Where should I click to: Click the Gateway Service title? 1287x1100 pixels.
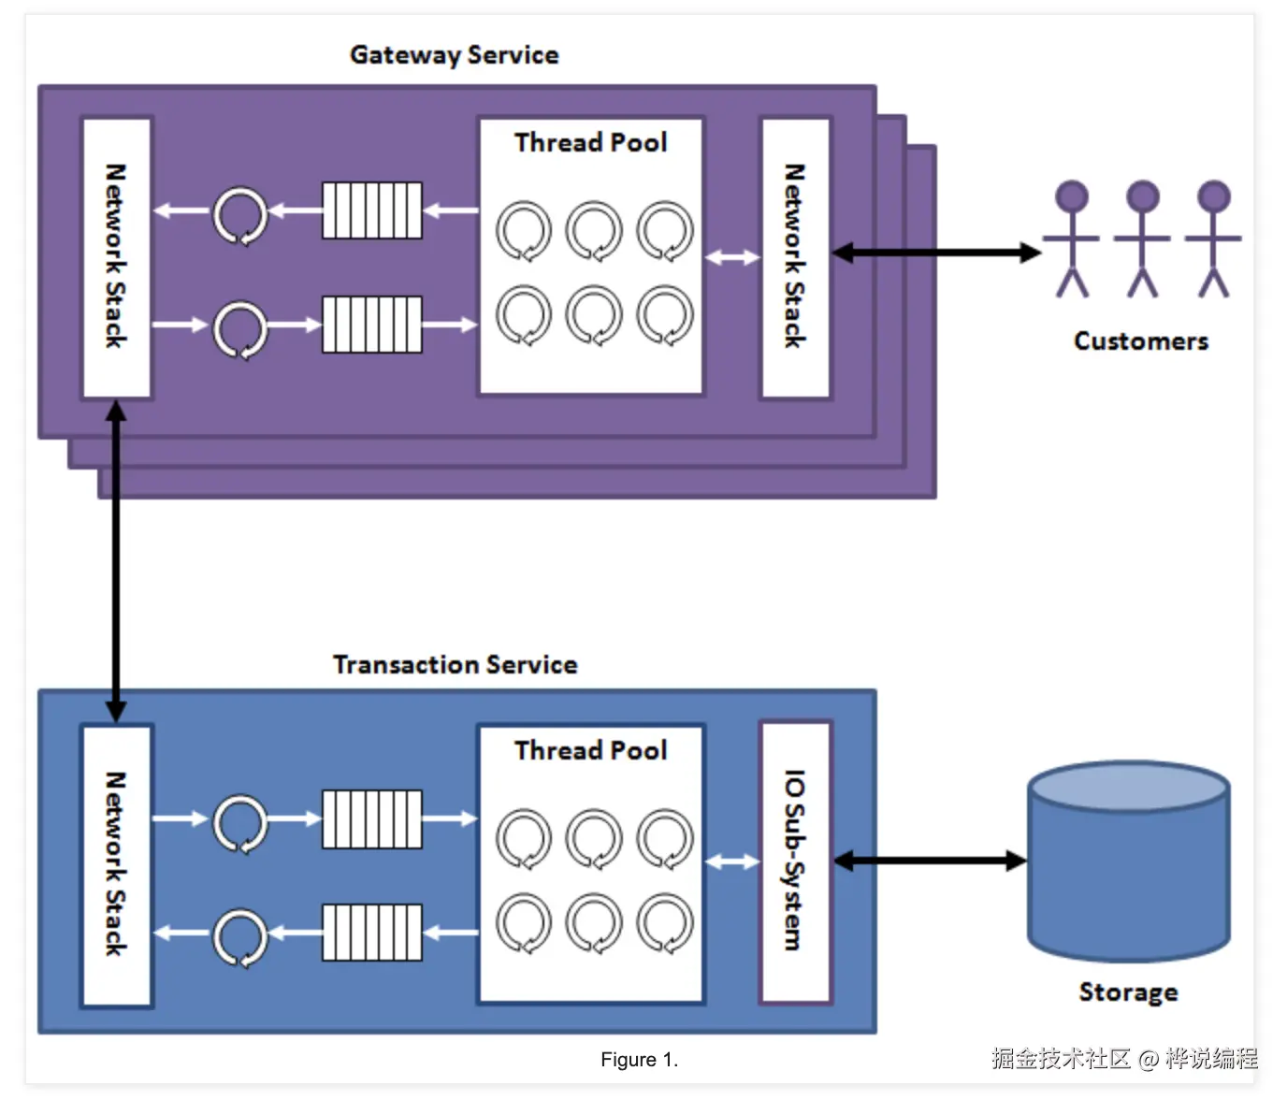click(454, 55)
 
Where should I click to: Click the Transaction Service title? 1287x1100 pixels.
click(455, 665)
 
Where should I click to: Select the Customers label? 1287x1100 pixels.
click(1140, 341)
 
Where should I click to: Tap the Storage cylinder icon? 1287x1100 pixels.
click(1128, 861)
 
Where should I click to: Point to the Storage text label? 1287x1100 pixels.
click(1128, 992)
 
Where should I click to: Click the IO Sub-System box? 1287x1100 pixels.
click(795, 861)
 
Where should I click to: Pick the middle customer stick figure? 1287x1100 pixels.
click(1142, 239)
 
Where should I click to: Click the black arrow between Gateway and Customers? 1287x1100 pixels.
click(935, 253)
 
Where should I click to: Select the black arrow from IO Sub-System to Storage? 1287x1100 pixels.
click(930, 861)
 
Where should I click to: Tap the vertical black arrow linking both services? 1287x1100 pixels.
click(116, 561)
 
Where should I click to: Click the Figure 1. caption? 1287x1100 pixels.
click(639, 1060)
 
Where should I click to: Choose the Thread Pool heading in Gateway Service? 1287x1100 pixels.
click(590, 143)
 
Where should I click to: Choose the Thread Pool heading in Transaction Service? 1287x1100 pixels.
click(590, 751)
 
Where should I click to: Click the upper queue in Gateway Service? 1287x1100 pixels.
click(372, 210)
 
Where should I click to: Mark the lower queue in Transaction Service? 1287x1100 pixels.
click(372, 933)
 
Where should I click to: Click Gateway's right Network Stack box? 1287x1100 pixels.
click(795, 257)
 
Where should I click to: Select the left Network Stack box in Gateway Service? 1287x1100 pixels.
click(117, 257)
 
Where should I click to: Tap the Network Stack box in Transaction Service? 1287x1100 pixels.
click(117, 865)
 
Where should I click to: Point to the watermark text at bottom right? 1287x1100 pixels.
click(1124, 1059)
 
